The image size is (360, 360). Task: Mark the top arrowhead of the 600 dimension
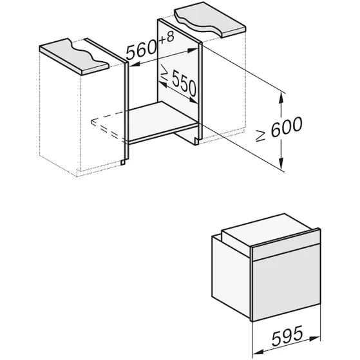281,95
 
